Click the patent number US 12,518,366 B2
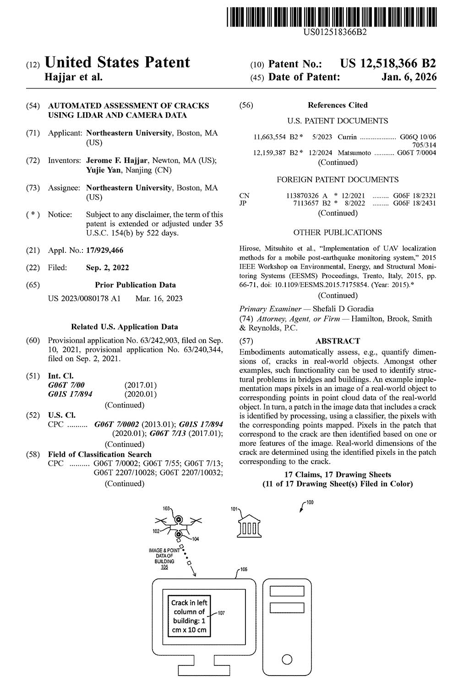387,64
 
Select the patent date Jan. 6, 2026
409,77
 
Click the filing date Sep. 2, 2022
108,267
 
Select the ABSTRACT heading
338,341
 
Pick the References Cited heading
338,105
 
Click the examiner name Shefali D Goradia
343,309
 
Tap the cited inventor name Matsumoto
354,153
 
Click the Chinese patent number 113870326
302,196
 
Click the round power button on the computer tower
287,660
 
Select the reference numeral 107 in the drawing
221,613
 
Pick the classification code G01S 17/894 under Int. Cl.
71,394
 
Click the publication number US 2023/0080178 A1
84,299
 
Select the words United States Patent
117,62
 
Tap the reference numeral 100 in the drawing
310,502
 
